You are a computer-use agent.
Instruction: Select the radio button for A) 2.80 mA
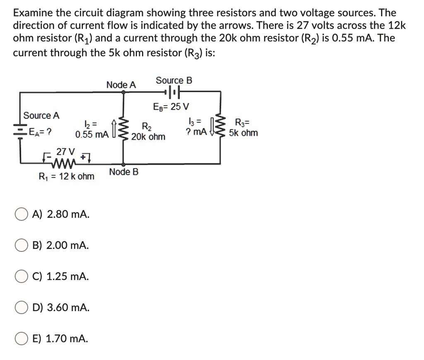(x=22, y=215)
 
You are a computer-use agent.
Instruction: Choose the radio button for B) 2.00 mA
(x=22, y=246)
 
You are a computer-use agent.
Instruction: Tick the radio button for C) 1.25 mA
(x=22, y=277)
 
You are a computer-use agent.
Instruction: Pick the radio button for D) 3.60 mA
(x=22, y=308)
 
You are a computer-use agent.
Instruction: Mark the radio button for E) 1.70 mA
(x=22, y=339)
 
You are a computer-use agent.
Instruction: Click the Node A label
(x=121, y=85)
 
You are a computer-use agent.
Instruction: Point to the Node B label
(x=124, y=172)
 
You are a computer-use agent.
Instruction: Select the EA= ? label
(x=40, y=133)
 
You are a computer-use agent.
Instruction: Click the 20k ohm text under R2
(x=148, y=137)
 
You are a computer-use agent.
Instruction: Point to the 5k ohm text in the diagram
(x=243, y=133)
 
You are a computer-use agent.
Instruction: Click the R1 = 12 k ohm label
(x=66, y=176)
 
